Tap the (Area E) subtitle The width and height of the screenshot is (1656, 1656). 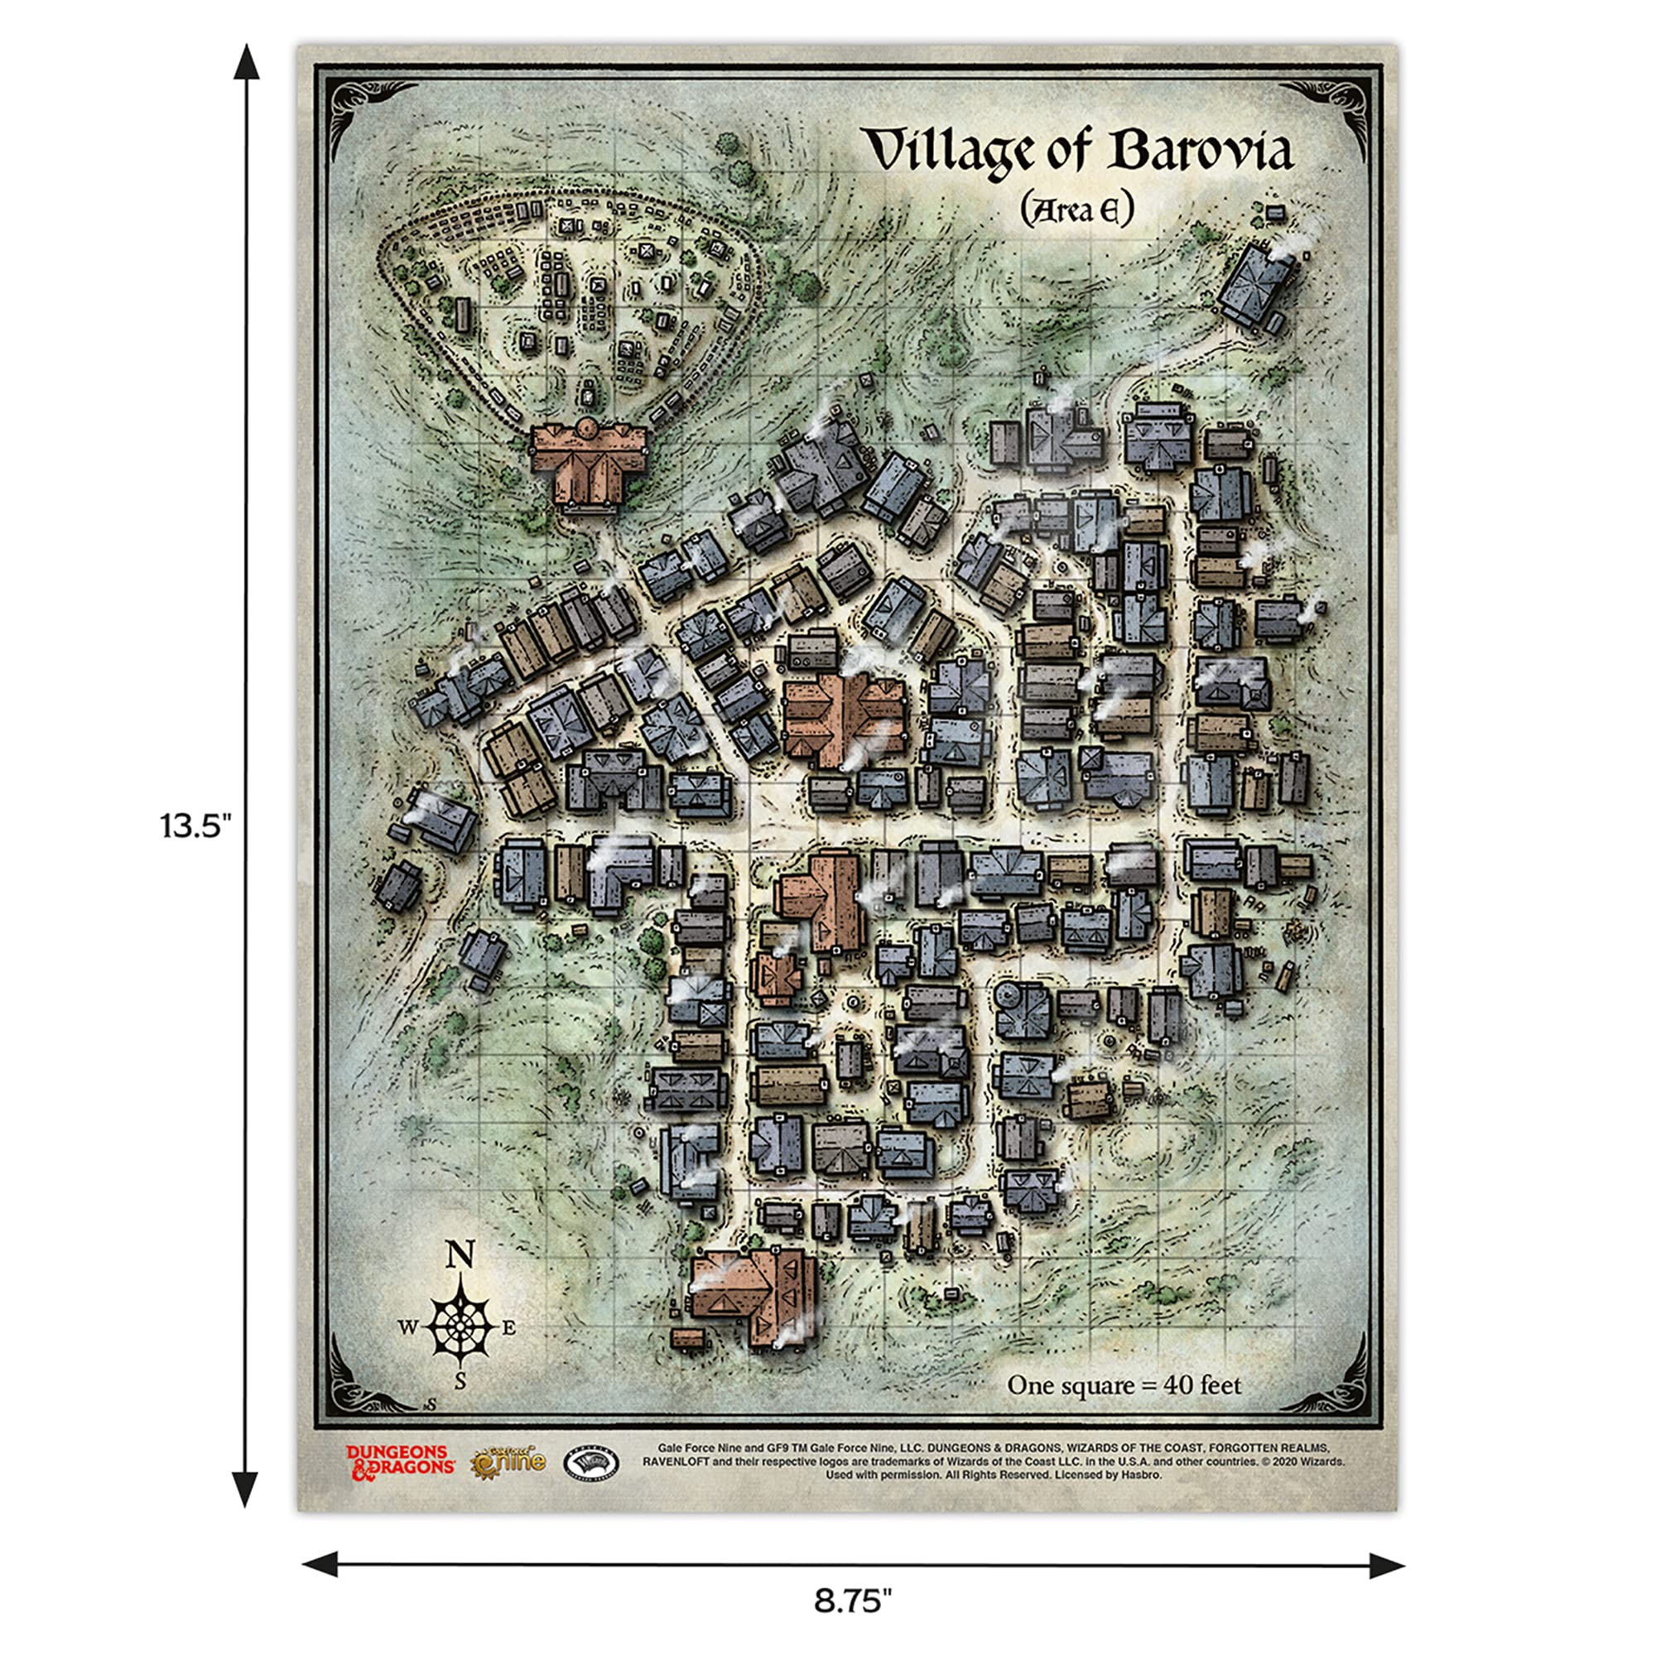(1076, 209)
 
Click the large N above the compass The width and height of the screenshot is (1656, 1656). (460, 1256)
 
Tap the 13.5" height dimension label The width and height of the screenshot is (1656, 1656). (195, 826)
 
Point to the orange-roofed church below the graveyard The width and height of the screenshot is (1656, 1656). (588, 463)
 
